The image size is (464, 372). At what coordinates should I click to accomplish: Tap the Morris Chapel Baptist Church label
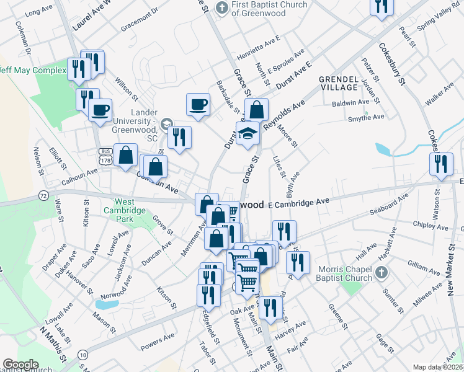pos(346,273)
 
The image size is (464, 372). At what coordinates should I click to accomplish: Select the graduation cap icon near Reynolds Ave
pos(248,134)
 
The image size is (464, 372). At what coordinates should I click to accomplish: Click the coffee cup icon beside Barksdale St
pos(199,104)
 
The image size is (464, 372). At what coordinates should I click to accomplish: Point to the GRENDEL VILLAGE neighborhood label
pos(338,84)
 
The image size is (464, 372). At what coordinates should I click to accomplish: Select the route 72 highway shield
pos(43,195)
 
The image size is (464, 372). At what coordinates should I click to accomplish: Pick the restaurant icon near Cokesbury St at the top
pos(381,6)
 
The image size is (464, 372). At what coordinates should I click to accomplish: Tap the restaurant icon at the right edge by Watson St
pos(440,164)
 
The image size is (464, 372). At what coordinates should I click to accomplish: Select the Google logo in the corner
pos(20,364)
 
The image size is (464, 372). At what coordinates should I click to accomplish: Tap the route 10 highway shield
pos(83,355)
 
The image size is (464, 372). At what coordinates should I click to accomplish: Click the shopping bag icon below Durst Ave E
pos(256,110)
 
